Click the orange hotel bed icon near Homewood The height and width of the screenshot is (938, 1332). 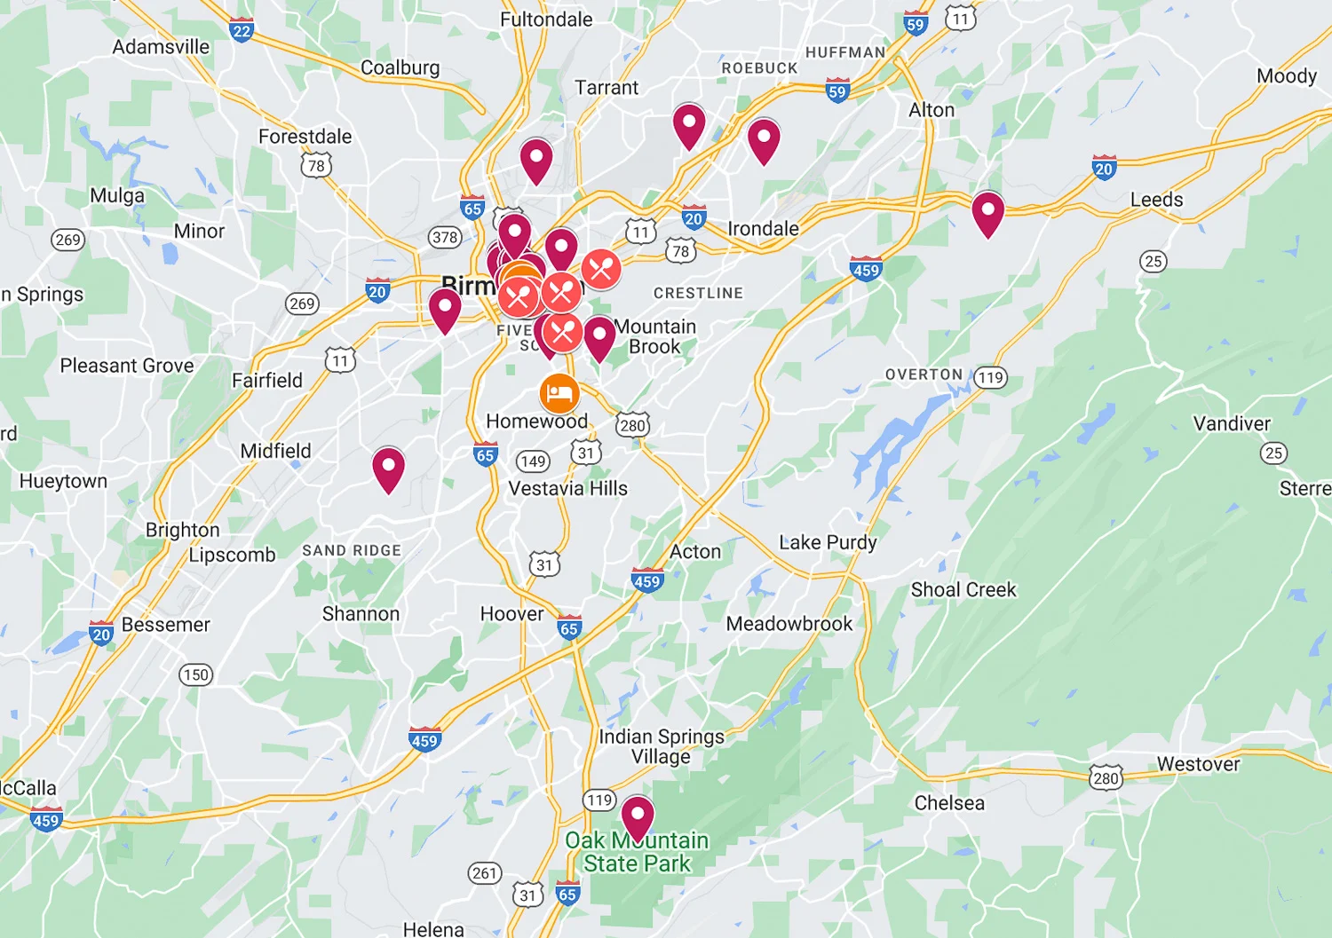click(559, 393)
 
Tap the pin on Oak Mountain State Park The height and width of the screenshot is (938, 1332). click(638, 815)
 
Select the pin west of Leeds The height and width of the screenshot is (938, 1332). click(987, 212)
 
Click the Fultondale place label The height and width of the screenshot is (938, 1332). click(546, 19)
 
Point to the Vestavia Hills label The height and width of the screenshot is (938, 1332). click(567, 488)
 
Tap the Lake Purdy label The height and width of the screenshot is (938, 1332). click(828, 542)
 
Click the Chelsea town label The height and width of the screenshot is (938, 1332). click(949, 803)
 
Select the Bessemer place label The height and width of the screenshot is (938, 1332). click(166, 625)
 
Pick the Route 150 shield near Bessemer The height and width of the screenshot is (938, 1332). click(195, 674)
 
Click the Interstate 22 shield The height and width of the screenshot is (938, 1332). click(242, 30)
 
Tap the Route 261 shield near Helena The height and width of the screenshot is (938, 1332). click(485, 873)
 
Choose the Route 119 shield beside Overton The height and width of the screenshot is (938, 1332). click(990, 377)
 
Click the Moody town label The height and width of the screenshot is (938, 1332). click(1287, 75)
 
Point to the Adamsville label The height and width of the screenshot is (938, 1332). click(161, 47)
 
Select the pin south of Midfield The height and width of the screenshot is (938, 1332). click(388, 467)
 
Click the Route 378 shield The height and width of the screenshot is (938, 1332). click(444, 237)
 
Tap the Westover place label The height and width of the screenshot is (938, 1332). click(1198, 764)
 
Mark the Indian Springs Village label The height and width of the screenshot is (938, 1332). click(662, 746)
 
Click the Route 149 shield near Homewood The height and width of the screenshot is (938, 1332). click(533, 461)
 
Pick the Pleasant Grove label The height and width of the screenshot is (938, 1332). click(127, 366)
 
